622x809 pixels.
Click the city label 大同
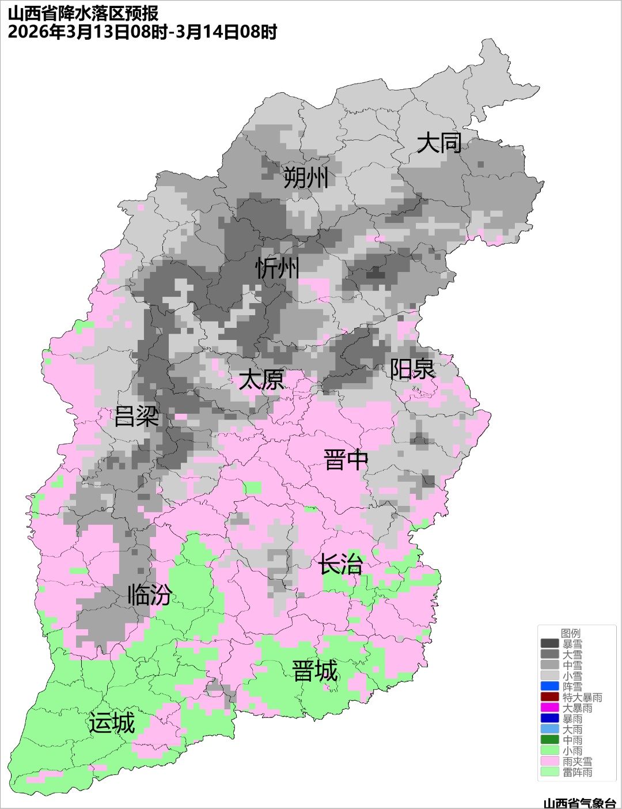tap(439, 143)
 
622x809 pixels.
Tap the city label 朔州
tap(305, 177)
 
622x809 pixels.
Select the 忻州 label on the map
tap(278, 269)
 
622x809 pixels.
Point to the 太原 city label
tap(261, 380)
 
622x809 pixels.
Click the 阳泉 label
tap(412, 369)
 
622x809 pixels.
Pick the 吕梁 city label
tap(136, 417)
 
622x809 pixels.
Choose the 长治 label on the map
tap(340, 564)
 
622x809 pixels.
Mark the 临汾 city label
tap(149, 595)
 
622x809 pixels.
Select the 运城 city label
tap(112, 723)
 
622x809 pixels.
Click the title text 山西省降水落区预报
tap(83, 13)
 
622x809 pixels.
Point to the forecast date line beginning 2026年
tap(142, 32)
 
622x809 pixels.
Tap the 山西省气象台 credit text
tap(579, 803)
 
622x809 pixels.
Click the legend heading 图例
tap(571, 633)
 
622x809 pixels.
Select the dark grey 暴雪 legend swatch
tap(549, 644)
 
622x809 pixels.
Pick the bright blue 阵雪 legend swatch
tap(549, 686)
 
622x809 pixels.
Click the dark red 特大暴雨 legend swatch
tap(549, 697)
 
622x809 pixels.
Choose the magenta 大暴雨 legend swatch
tap(549, 708)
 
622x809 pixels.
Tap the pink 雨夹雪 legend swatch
tap(549, 761)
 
